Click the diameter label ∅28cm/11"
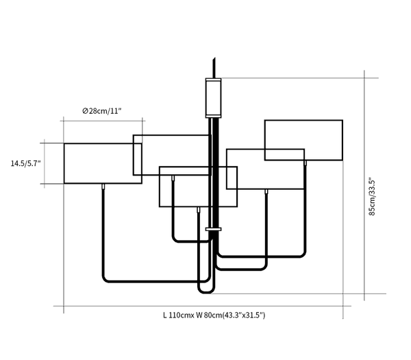101,111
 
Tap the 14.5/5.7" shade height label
25,163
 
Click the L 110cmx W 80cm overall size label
214,315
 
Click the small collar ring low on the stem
214,229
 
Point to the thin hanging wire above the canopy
215,67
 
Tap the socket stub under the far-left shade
103,187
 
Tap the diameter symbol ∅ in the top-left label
84,111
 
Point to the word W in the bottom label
199,315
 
